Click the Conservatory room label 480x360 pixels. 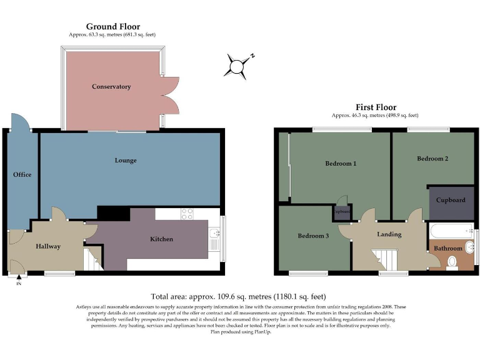pyautogui.click(x=111, y=86)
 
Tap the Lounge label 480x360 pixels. pyautogui.click(x=126, y=161)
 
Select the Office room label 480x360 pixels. pyautogui.click(x=22, y=174)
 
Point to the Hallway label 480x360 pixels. pyautogui.click(x=48, y=246)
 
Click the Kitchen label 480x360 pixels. pyautogui.click(x=161, y=239)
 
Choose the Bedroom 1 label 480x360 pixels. pyautogui.click(x=341, y=164)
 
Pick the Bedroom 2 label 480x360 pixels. pyautogui.click(x=432, y=159)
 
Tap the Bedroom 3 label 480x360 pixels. pyautogui.click(x=312, y=236)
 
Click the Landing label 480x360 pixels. pyautogui.click(x=389, y=234)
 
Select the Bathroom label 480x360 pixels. pyautogui.click(x=448, y=248)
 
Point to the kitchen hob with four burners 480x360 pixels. pyautogui.click(x=187, y=214)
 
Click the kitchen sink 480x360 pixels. pyautogui.click(x=214, y=236)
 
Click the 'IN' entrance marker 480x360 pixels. pyautogui.click(x=18, y=284)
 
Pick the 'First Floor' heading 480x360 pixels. pyautogui.click(x=376, y=107)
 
